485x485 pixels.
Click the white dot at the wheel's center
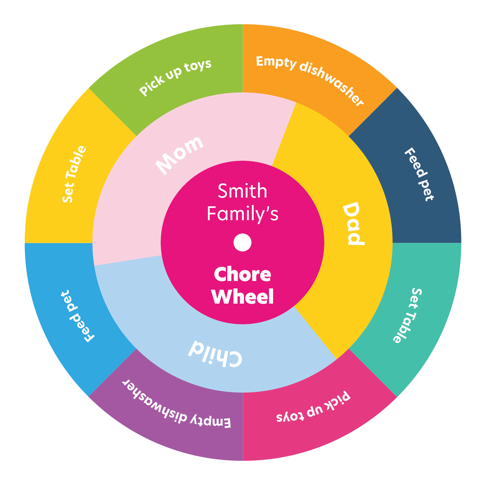pos(242,242)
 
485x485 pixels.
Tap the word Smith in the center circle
pos(242,191)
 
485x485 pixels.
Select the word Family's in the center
pos(242,214)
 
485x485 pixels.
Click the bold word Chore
pos(242,275)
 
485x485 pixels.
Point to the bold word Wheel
pos(242,296)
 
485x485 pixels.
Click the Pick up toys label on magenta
pos(313,408)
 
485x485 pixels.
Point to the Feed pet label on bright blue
pos(77,316)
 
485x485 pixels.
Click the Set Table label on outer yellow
pos(75,174)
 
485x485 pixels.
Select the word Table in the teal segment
pos(403,328)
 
